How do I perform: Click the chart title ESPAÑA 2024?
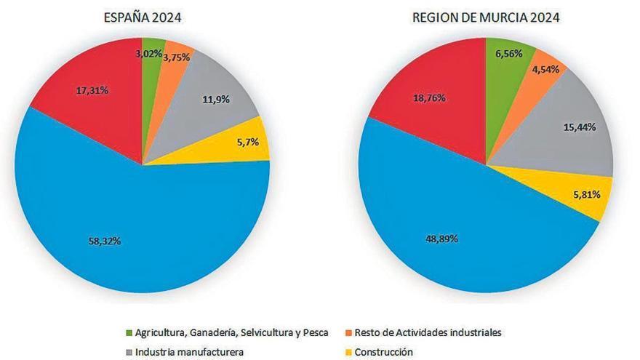[142, 17]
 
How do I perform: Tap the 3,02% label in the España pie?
[150, 53]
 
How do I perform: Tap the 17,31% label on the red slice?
[92, 91]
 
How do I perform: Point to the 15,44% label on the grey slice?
[580, 127]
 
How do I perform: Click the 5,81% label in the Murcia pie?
[585, 194]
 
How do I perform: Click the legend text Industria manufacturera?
[179, 352]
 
